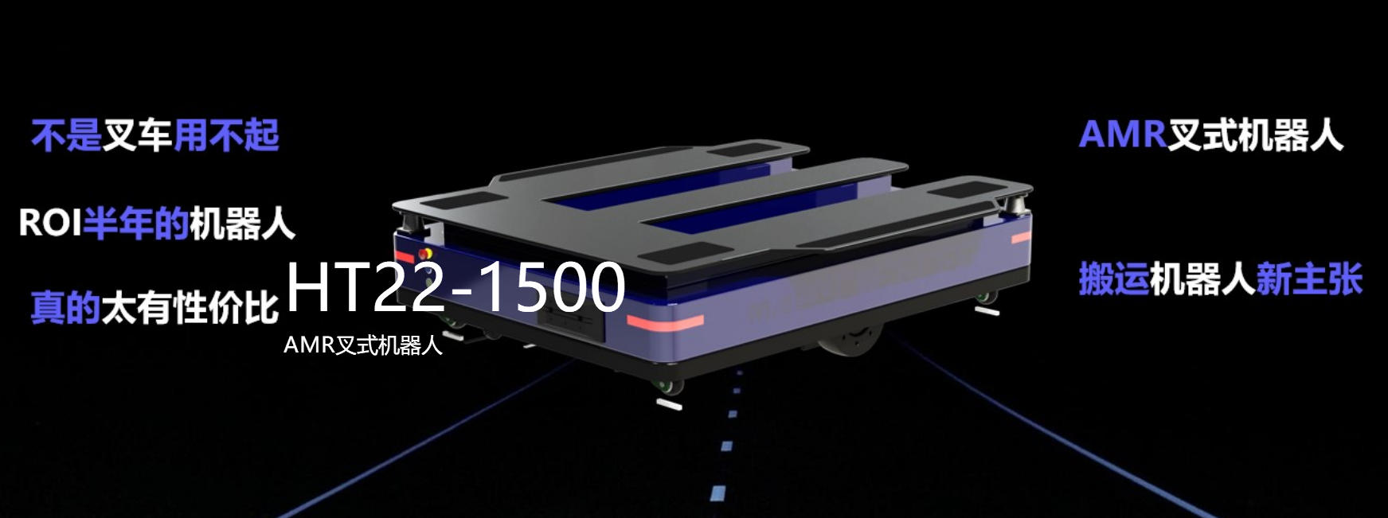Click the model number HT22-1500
click(455, 286)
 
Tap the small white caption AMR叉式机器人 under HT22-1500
click(362, 345)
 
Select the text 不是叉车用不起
click(155, 135)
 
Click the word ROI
click(50, 223)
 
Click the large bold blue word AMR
click(1122, 134)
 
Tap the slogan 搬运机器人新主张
click(1221, 279)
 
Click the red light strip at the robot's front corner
click(665, 322)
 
